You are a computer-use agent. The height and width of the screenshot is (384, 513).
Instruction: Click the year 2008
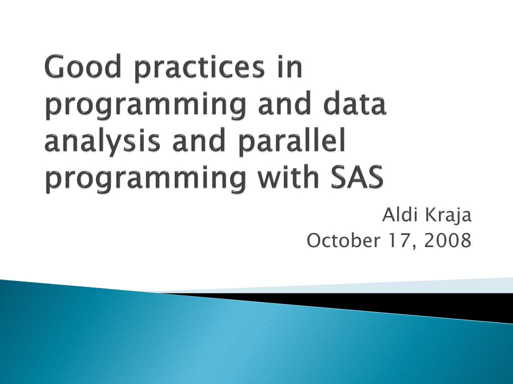coord(447,241)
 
